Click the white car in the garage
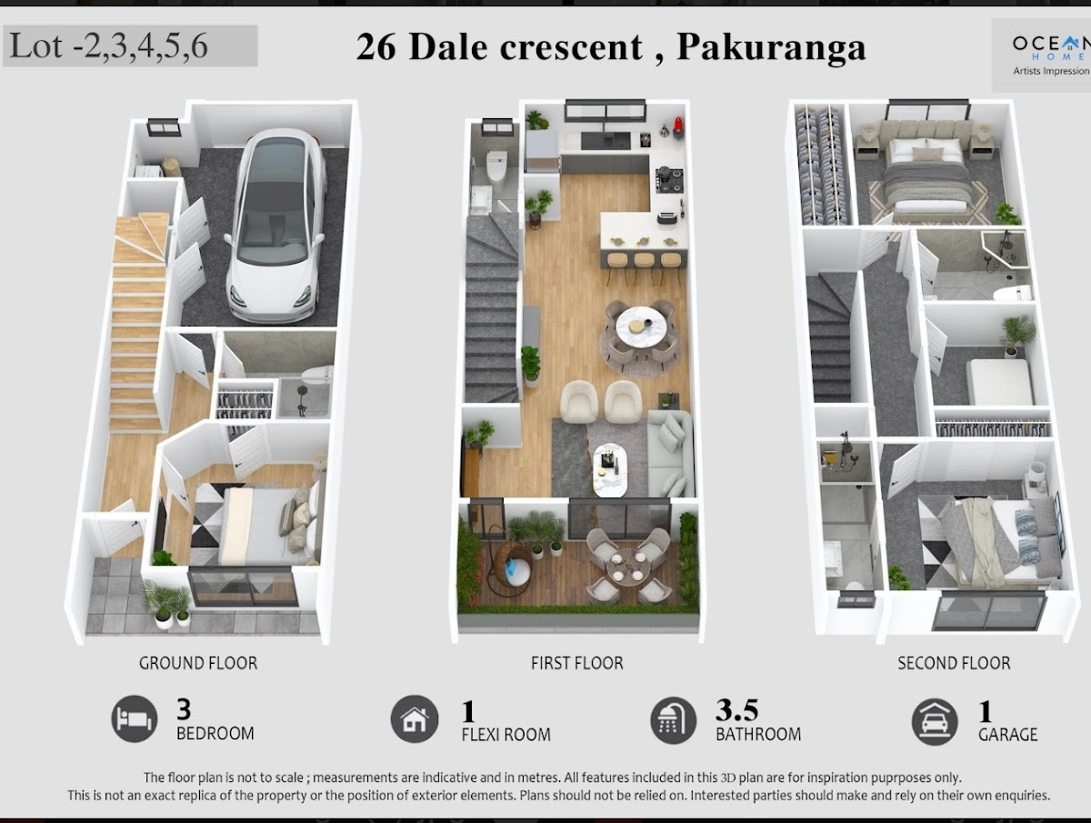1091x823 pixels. coord(275,226)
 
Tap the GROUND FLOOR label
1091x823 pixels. coord(198,663)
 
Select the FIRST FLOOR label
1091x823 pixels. coord(576,663)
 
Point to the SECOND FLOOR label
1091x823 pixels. coord(954,663)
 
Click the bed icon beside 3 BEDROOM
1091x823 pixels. coord(135,719)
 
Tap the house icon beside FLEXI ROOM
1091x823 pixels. coord(415,719)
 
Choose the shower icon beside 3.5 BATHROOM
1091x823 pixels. coord(673,720)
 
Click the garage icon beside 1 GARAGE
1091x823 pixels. coord(935,722)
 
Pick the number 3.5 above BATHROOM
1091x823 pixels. coord(736,710)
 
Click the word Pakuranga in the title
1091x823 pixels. coord(771,47)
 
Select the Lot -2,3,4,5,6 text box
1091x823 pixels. coord(130,45)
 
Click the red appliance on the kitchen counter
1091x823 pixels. coord(678,126)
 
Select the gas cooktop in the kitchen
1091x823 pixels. coord(669,180)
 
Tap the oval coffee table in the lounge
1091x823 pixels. coord(610,470)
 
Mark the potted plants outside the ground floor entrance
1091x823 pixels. coord(166,603)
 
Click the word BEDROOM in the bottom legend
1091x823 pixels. coord(215,734)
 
